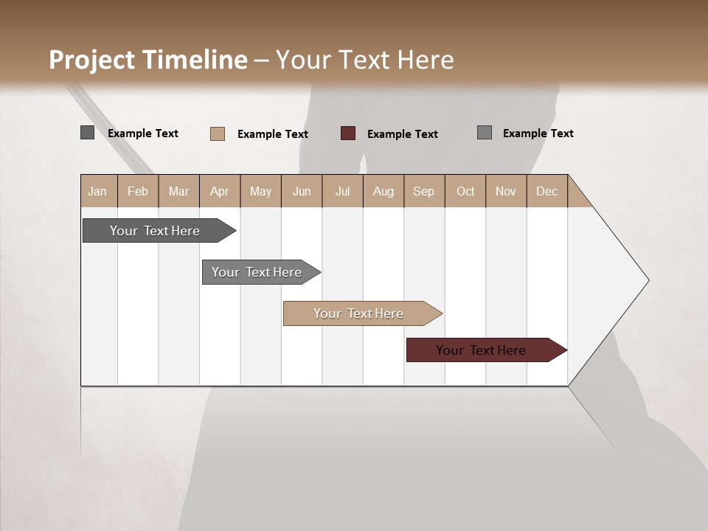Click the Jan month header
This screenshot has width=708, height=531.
97,191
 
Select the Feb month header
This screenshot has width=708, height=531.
138,191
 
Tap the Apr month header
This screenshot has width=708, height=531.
220,191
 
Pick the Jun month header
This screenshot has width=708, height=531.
302,191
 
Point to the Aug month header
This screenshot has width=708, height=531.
383,191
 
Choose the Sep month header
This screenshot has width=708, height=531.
424,191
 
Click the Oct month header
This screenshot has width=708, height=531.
465,191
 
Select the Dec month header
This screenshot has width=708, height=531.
547,191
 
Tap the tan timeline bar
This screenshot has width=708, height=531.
360,313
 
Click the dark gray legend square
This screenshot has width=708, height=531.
88,133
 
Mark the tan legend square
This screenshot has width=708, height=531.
218,133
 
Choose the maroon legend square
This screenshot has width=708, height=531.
348,133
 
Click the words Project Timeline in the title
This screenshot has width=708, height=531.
148,60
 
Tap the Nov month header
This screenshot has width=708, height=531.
506,191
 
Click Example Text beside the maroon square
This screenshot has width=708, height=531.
403,134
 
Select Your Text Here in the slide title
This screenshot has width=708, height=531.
364,60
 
